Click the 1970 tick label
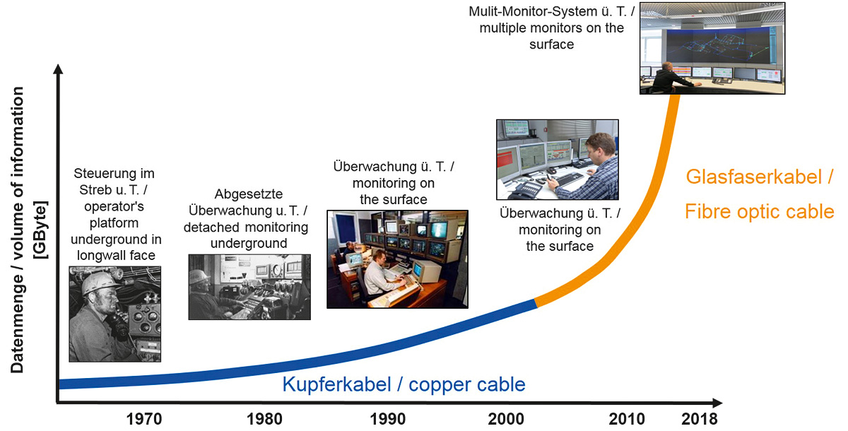144,419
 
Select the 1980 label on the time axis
264,419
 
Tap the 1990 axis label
388,419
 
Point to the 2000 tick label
506,419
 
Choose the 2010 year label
627,419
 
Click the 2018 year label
700,419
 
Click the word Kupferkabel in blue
337,385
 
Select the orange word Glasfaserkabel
754,177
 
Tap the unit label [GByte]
40,230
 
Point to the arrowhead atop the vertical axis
58,69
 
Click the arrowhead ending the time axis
717,403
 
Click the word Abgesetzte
249,194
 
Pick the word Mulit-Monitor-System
533,11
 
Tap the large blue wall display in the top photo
718,46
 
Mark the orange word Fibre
708,211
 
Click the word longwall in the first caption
100,256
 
